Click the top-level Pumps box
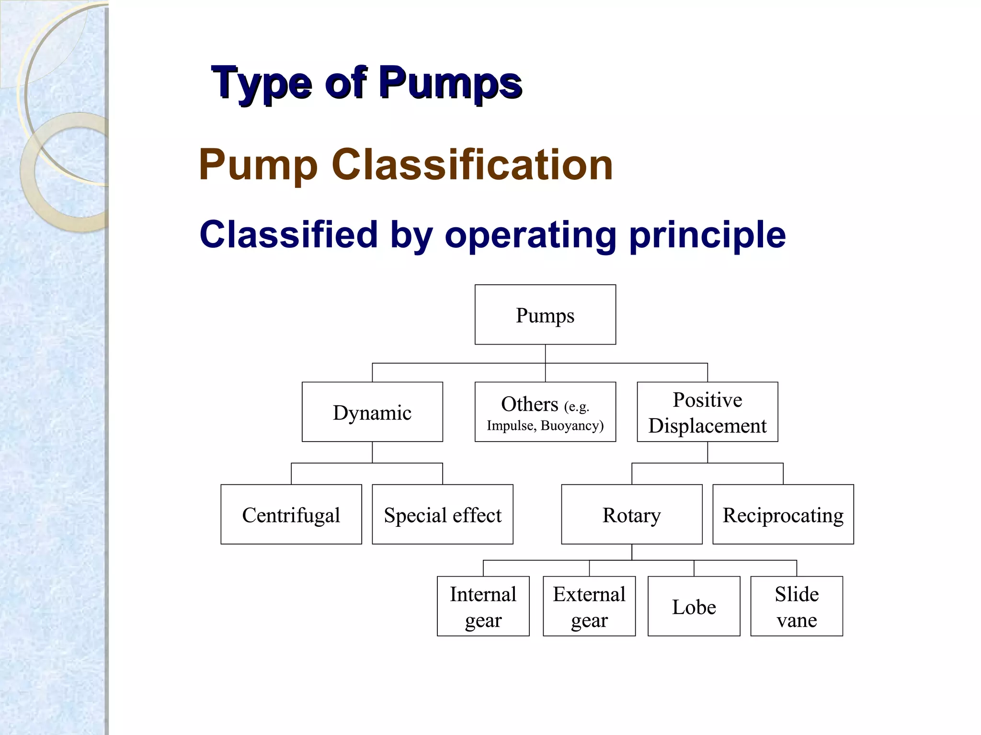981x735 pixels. click(545, 315)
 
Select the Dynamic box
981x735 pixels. click(372, 412)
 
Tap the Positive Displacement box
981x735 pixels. click(707, 412)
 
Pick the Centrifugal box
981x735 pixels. click(291, 514)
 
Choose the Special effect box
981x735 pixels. click(442, 514)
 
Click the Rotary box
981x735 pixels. click(631, 514)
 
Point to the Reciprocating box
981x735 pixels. click(783, 514)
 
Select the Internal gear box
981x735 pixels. click(483, 606)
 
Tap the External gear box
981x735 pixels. click(589, 606)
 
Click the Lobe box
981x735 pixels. click(694, 606)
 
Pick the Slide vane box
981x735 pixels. click(796, 606)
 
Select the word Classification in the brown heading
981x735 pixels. click(472, 165)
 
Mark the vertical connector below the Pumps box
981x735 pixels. click(545, 354)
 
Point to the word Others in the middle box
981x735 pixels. click(529, 405)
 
